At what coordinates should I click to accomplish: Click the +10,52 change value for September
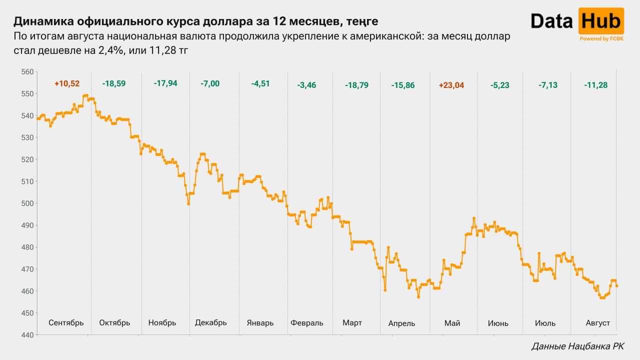coord(67,83)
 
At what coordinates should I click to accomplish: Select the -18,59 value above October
coord(113,83)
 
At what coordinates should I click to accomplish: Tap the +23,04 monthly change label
coord(451,85)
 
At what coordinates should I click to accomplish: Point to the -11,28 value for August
coord(595,85)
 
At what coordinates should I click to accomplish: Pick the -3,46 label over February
coord(306,85)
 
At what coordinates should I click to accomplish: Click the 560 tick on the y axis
coord(27,71)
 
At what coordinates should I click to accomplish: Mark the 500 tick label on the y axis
coord(27,203)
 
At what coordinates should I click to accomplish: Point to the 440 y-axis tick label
coord(27,335)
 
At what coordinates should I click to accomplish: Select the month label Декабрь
coord(211,323)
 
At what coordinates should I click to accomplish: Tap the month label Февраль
coord(307,323)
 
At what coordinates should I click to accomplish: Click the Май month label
coord(452,323)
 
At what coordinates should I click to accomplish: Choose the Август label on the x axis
coord(597,323)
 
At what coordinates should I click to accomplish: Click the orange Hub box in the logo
coord(601,21)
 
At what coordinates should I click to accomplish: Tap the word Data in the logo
coord(551,21)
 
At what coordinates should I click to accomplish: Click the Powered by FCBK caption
coord(601,38)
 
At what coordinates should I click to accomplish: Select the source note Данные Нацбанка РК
coord(577,346)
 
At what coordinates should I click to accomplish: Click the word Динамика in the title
coord(43,21)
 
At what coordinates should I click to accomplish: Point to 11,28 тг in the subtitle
coord(168,50)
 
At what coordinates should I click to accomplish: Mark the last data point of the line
coord(617,286)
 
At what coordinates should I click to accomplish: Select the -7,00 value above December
coord(210,83)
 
